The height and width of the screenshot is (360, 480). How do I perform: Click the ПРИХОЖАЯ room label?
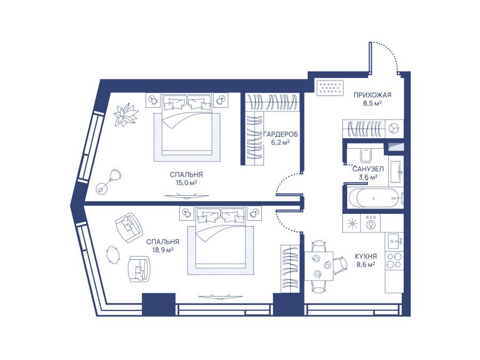[372, 95]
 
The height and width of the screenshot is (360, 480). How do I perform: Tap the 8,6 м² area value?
[366, 265]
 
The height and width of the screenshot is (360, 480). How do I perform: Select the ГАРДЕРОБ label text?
[281, 134]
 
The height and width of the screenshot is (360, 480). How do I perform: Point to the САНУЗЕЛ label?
[368, 169]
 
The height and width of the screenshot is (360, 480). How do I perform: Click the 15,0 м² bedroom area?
[186, 183]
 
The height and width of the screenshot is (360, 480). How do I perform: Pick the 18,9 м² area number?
[163, 250]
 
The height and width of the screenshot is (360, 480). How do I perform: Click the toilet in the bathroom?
[365, 155]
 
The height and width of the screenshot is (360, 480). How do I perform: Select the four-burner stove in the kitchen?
[394, 260]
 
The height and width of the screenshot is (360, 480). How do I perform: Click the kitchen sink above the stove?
[394, 242]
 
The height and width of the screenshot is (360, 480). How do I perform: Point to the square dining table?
[319, 266]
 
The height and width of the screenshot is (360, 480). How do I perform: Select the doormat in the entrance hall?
[330, 87]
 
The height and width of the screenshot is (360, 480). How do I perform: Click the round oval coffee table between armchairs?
[113, 254]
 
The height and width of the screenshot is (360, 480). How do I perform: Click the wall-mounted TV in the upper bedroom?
[187, 196]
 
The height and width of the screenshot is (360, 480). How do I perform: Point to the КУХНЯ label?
[366, 257]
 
